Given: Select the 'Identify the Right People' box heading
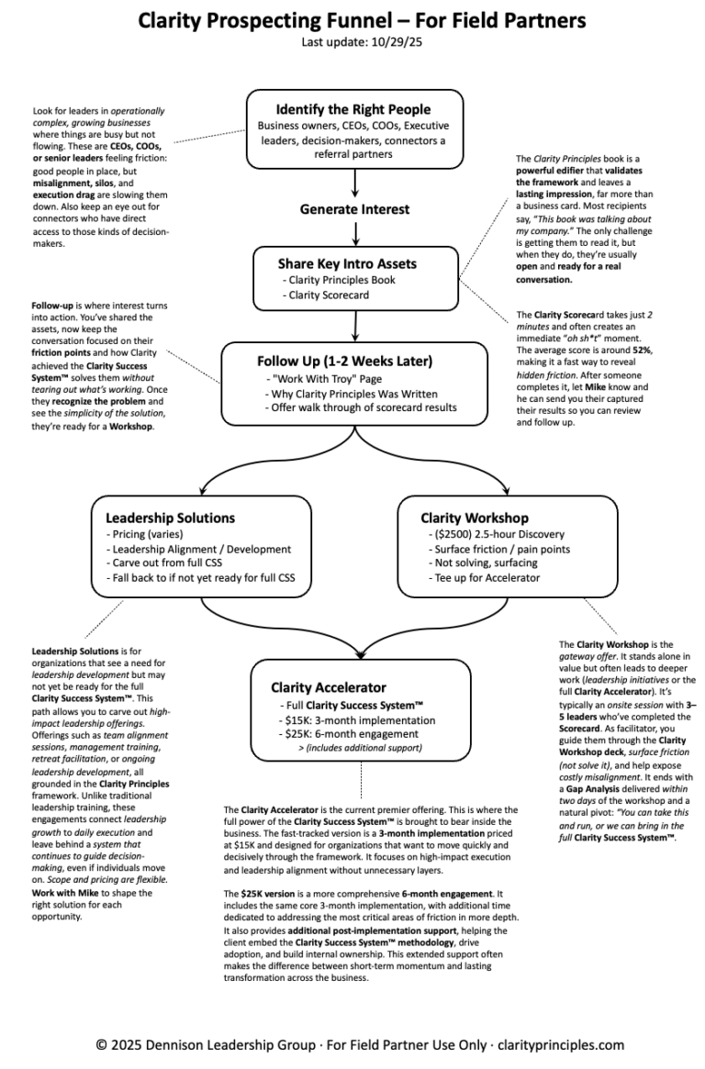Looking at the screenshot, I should point(353,109).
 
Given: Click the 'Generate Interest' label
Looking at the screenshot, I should point(354,209).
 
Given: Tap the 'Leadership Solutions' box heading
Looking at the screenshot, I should point(170,518).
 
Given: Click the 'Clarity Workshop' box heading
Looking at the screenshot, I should point(475,518).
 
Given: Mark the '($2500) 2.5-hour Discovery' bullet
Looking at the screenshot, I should point(497,534).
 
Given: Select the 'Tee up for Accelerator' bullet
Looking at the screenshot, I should point(487,578).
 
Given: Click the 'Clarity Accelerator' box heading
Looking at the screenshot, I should point(328,687).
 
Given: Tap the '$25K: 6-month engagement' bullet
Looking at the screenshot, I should point(346,735).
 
